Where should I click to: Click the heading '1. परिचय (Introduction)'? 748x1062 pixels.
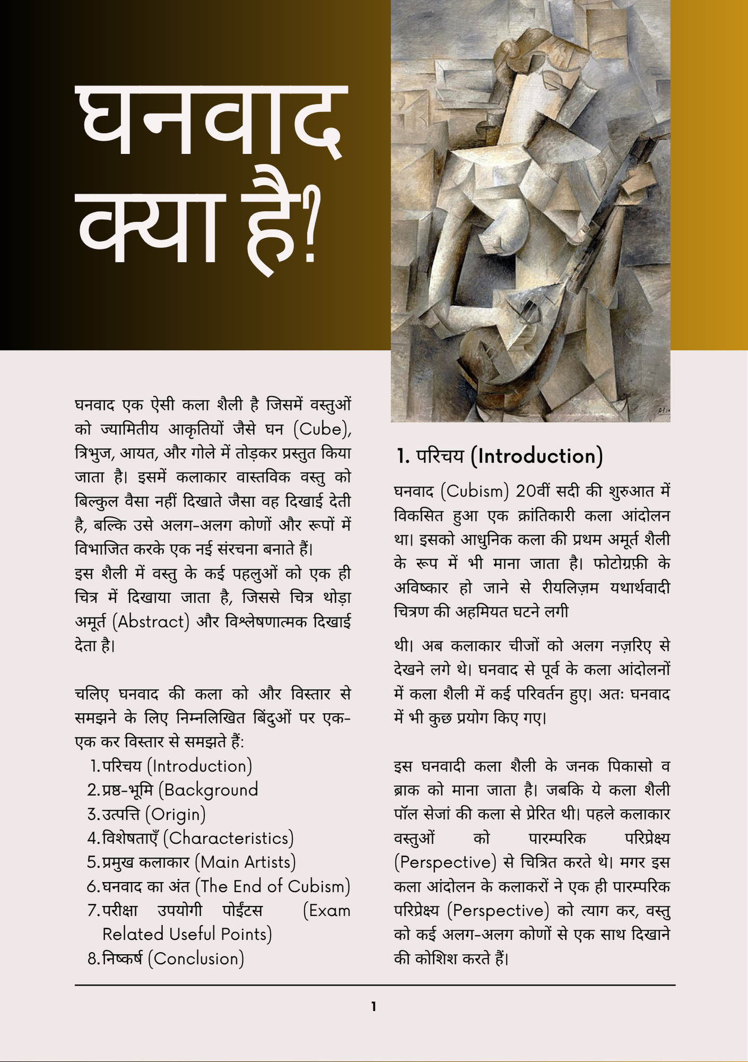tap(500, 456)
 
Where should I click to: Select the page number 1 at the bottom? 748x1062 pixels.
tap(374, 1006)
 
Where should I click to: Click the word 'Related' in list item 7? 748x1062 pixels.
tap(133, 934)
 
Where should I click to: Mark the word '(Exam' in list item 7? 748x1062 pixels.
tap(326, 910)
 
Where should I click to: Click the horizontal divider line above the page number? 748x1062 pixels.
tap(375, 985)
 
